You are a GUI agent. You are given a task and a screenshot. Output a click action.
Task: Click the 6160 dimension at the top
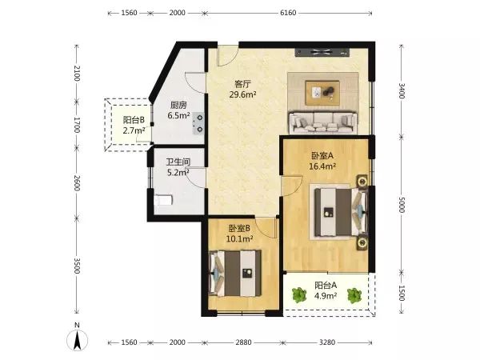pos(288,13)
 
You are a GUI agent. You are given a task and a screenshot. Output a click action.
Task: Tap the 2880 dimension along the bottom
pos(243,342)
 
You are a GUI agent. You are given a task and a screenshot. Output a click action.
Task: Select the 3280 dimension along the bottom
pos(327,342)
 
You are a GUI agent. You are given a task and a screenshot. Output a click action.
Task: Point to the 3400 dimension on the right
pos(402,91)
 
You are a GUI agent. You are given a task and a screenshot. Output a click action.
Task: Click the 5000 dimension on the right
pos(402,205)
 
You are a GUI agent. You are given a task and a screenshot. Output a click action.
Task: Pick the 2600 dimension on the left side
pos(77,183)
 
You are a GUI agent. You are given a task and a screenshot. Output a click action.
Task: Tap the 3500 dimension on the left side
pos(77,266)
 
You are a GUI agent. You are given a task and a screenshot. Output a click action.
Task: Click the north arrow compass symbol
pos(77,338)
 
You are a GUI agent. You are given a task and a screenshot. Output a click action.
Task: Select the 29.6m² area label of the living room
pos(242,94)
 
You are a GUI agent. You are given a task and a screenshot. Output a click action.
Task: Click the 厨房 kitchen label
pos(178,106)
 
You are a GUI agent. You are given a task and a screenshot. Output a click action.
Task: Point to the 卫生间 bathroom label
pos(178,162)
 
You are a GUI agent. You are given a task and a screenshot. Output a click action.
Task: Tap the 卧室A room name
pos(322,156)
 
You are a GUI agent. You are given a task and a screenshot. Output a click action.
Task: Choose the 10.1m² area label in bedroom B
pos(239,238)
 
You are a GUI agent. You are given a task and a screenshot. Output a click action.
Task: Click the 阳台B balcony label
pos(134,120)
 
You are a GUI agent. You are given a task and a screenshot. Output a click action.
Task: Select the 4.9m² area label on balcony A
pos(326,296)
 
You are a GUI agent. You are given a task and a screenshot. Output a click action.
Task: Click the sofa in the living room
pos(323,122)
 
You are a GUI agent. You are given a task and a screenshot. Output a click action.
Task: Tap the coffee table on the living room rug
pos(322,93)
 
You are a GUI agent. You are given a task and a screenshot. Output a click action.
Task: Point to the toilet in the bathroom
pos(163,201)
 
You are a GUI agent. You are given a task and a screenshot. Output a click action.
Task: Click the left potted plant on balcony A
pos(299,295)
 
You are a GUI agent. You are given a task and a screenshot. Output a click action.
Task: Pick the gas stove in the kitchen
pos(198,123)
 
